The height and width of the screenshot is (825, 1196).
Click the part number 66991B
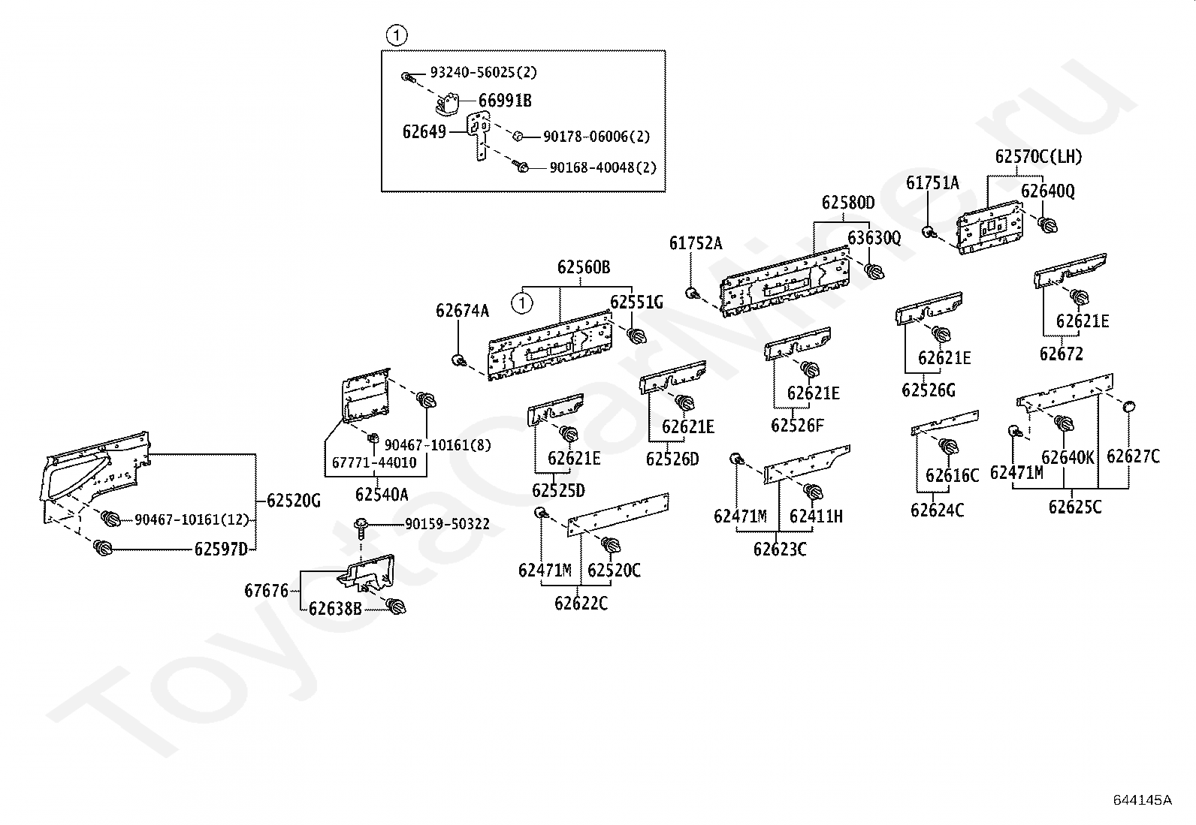click(505, 101)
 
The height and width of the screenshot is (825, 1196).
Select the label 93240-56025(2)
click(483, 72)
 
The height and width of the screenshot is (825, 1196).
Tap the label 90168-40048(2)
click(603, 167)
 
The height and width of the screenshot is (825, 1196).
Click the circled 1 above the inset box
click(396, 36)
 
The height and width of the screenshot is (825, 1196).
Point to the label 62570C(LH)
click(1038, 156)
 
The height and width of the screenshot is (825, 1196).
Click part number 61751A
click(932, 183)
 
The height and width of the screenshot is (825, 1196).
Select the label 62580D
click(848, 203)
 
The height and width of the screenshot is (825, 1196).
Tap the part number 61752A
click(695, 243)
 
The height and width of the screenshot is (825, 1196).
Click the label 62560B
click(584, 266)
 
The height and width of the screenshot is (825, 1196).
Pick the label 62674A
click(462, 311)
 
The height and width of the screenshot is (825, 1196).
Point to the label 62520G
click(294, 501)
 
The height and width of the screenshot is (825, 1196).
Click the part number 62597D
click(221, 549)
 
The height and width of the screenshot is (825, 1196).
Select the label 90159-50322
click(447, 524)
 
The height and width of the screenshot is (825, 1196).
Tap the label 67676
click(266, 591)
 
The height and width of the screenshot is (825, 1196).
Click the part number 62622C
click(581, 604)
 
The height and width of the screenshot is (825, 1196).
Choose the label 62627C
click(1133, 456)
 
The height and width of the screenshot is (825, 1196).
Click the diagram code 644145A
click(1143, 800)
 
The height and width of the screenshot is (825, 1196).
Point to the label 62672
click(1061, 354)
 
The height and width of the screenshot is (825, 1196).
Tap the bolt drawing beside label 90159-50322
click(361, 527)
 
